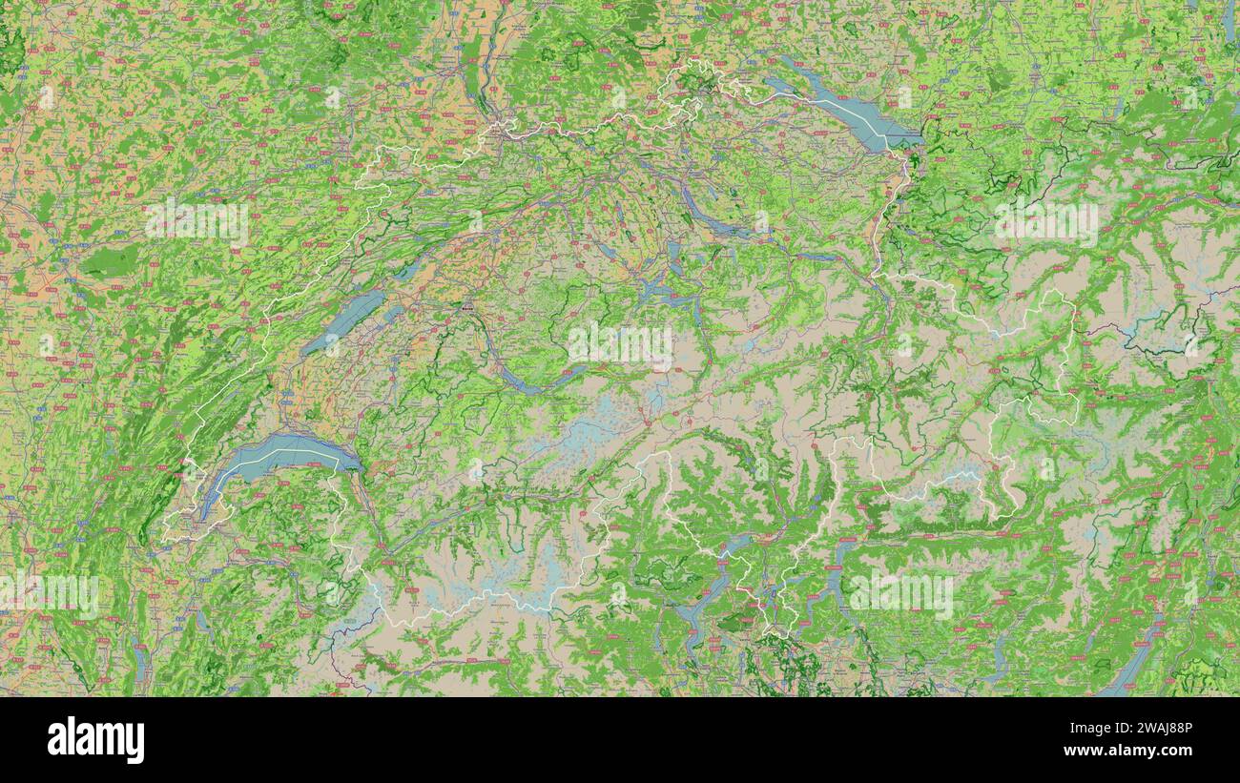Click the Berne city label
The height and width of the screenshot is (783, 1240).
tap(466, 309)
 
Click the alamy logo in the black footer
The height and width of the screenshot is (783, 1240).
tap(95, 740)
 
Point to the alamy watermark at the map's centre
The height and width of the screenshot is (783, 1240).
tap(620, 343)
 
